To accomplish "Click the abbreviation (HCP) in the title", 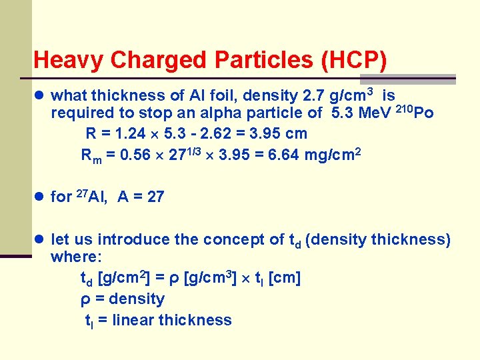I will [353, 61].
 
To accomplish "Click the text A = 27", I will [141, 197].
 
